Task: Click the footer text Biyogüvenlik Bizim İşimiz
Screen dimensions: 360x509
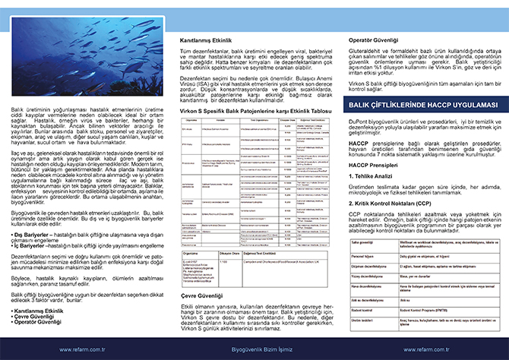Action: pos(254,350)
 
